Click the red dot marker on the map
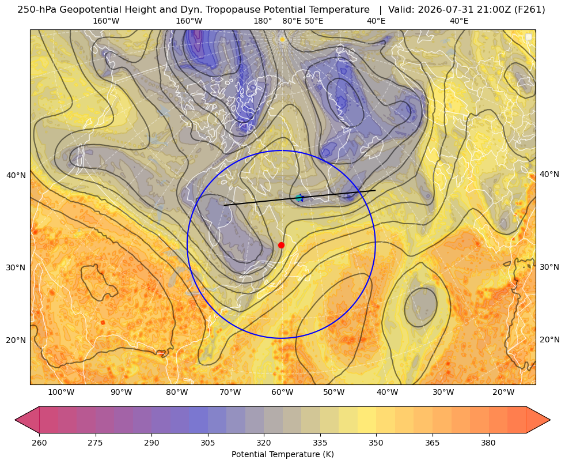pos(282,245)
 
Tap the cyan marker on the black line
pos(299,198)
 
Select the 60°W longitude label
pos(282,393)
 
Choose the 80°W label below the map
pos(177,393)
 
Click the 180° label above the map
pos(263,21)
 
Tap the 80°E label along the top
pos(292,21)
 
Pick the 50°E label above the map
pos(314,21)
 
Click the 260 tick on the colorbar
pos(39,443)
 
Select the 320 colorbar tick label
pos(264,443)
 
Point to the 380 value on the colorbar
pos(488,443)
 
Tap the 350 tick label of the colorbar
pos(376,443)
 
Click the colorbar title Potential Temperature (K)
pos(282,454)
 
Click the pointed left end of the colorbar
pos(15,420)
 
